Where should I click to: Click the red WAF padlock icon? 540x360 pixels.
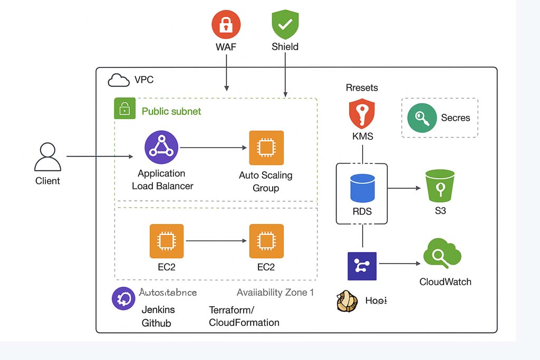[x=226, y=25]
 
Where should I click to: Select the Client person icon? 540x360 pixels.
[x=47, y=157]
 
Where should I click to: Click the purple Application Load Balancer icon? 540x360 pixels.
[x=161, y=148]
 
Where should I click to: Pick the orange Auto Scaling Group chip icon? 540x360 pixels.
[x=266, y=148]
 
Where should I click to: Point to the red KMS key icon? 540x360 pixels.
[x=362, y=114]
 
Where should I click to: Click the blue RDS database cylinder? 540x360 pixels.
[x=362, y=188]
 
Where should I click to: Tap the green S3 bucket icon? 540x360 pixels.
[x=440, y=185]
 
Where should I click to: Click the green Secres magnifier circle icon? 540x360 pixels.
[x=422, y=118]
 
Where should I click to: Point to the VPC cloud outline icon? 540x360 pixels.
[x=119, y=80]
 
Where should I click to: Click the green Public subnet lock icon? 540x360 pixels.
[x=124, y=109]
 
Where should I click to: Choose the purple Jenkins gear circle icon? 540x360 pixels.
[x=124, y=298]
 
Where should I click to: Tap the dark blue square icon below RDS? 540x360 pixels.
[x=362, y=266]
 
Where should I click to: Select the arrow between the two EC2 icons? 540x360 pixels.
[x=216, y=241]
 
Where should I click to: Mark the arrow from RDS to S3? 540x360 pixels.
[x=404, y=188]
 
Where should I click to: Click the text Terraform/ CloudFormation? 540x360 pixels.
[x=244, y=316]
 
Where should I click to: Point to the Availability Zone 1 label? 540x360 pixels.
[x=275, y=293]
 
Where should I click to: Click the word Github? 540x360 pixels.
[x=156, y=323]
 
